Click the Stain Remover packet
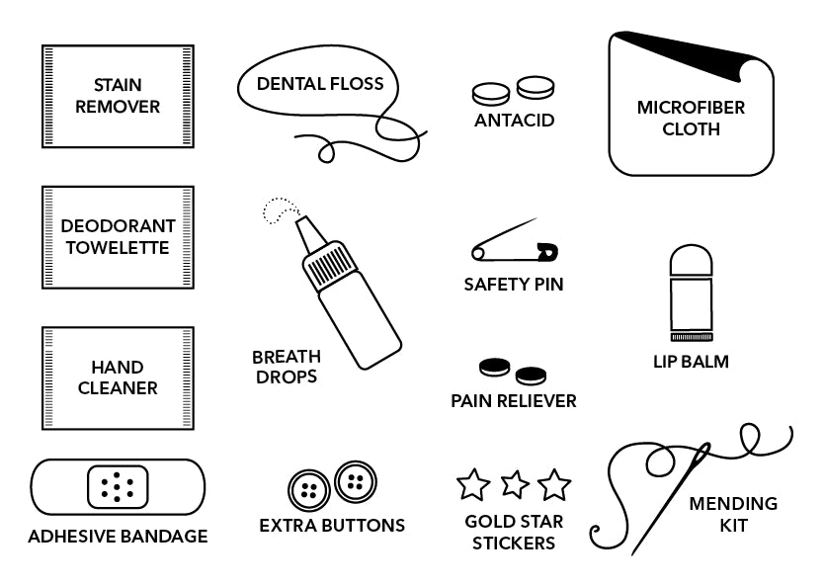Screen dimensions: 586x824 [118, 96]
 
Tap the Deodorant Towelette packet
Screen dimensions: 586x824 [118, 237]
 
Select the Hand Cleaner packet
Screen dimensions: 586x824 [118, 378]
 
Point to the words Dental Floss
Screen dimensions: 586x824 [319, 84]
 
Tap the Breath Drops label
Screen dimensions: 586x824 [287, 367]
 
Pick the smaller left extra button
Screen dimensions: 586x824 [309, 489]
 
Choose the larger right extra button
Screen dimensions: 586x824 [356, 481]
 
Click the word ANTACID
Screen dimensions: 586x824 [514, 121]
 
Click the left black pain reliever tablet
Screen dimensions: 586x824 [494, 368]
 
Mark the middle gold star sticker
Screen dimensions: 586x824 [515, 484]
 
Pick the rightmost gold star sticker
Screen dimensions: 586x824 [554, 485]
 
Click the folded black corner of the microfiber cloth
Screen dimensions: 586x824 [682, 54]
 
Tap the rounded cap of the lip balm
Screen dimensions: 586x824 [691, 261]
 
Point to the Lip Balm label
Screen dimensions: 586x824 [691, 362]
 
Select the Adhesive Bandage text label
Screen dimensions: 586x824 [118, 537]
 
